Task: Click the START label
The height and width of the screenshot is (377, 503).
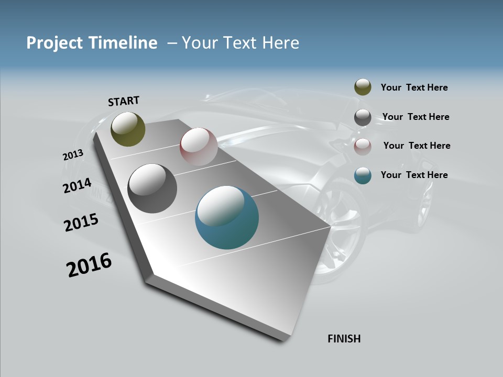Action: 124,101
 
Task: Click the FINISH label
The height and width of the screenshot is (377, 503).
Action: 344,339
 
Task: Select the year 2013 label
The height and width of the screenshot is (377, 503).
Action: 73,155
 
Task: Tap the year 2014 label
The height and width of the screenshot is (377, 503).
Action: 77,186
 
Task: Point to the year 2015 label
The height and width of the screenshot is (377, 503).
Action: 81,223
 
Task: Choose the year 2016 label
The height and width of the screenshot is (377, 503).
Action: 89,265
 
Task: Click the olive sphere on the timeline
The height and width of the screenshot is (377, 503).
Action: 128,129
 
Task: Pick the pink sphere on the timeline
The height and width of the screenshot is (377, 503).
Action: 199,147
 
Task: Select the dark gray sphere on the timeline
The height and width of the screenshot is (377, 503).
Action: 152,188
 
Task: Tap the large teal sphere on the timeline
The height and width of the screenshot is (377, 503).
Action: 227,217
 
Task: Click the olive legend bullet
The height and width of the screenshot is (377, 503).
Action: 363,87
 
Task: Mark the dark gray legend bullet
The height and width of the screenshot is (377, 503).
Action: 363,117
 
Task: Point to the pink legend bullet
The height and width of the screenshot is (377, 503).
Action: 363,147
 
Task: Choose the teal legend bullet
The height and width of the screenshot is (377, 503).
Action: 363,175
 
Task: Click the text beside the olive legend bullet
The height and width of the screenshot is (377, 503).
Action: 414,87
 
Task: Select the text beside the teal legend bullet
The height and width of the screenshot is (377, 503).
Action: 414,175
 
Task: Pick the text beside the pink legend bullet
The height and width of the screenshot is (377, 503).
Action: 417,146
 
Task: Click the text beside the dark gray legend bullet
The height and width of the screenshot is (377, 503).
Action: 415,117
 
